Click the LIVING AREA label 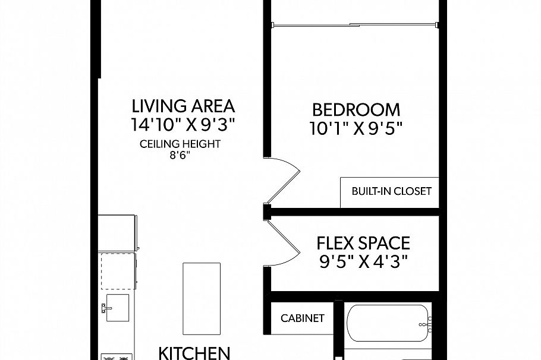tap(183, 106)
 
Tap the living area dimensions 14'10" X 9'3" tap(183, 125)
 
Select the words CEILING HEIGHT tap(180, 144)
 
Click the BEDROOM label tap(356, 110)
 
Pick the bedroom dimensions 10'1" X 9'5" tap(356, 128)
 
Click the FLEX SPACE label tap(363, 243)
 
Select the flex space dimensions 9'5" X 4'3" tap(363, 261)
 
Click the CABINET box tap(302, 318)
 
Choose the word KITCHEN tap(194, 352)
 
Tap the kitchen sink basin tap(118, 308)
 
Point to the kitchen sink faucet tap(105, 308)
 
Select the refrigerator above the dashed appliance tap(118, 233)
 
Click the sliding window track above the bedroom tap(356, 25)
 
